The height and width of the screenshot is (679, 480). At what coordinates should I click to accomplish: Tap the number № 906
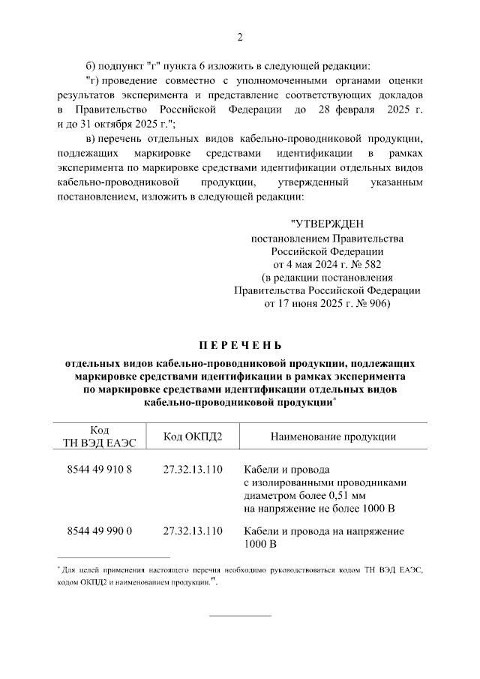pos(368,305)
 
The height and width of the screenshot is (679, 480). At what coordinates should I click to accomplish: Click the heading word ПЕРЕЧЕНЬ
pos(240,346)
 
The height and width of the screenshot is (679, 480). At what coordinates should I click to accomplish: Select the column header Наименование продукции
pos(323,437)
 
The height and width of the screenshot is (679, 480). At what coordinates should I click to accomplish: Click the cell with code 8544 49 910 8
pos(100,470)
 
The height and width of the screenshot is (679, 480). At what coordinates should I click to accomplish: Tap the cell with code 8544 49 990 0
pos(100,531)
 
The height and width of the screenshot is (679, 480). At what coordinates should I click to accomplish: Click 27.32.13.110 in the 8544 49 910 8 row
pos(193,470)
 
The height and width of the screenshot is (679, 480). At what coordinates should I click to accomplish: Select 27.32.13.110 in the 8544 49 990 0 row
pos(193,531)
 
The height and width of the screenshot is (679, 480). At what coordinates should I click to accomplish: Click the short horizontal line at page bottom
pos(240,616)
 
